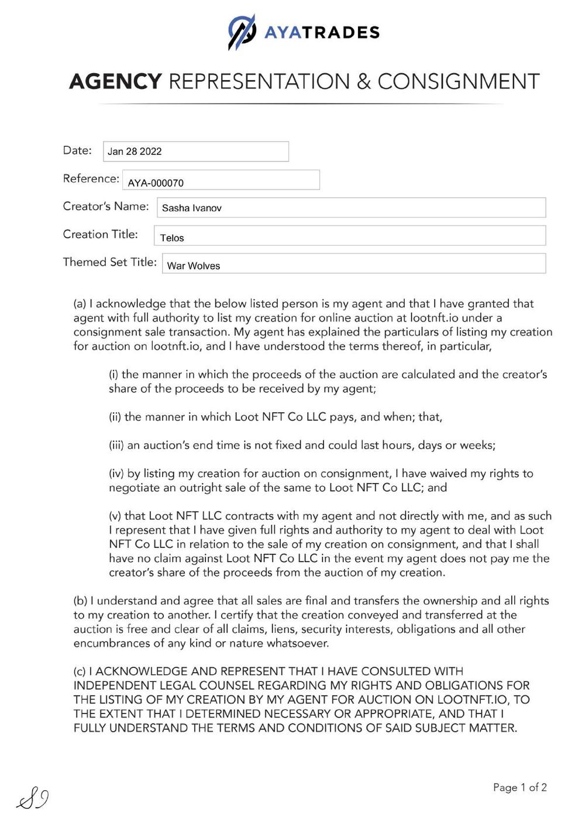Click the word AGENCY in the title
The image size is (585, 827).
115,81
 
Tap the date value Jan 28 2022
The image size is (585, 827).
135,151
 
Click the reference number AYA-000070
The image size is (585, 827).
156,183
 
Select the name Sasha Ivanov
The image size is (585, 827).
192,208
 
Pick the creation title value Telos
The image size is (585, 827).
172,238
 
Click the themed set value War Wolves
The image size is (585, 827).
194,266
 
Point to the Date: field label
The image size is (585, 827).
77,150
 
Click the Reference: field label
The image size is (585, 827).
91,178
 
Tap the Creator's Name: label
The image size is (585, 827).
106,206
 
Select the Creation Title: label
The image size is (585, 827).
101,234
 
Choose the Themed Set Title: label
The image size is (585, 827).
109,262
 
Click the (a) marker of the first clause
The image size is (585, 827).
80,304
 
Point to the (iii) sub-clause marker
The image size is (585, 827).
116,445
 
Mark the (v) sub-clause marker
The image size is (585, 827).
115,516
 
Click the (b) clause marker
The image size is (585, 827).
80,601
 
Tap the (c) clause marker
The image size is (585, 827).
80,671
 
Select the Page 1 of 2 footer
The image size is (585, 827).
519,787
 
